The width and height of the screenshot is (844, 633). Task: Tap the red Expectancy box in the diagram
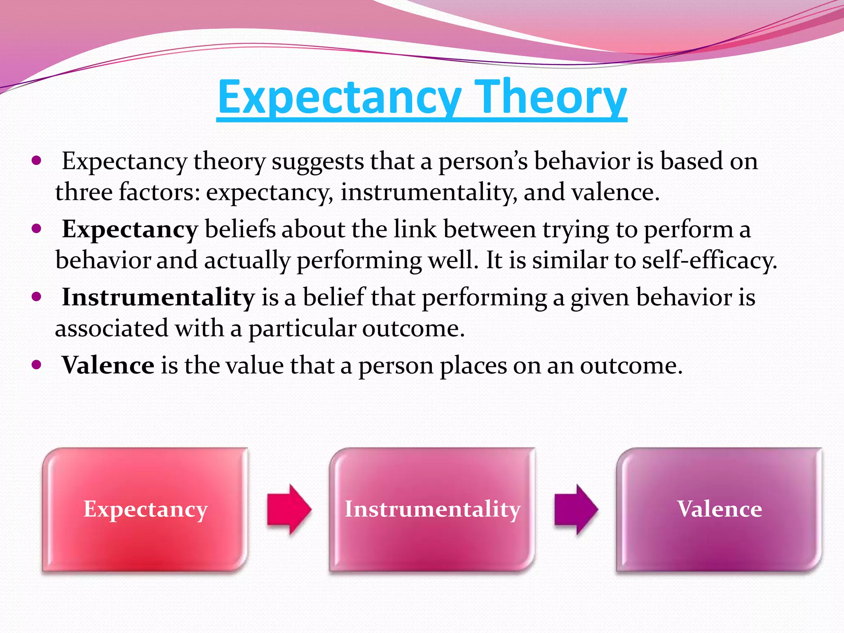(x=145, y=509)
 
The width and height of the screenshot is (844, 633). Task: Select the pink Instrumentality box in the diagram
(x=432, y=509)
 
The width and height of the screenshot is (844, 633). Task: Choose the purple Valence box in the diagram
(x=719, y=509)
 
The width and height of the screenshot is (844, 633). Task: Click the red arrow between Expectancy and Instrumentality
(x=289, y=509)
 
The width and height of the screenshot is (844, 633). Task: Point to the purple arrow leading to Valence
(x=576, y=509)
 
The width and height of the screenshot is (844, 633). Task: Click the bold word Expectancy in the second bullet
(x=130, y=230)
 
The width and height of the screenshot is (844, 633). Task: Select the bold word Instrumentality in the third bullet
(x=158, y=298)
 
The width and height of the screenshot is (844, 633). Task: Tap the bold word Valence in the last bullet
(x=108, y=366)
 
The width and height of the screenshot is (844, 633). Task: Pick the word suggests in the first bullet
(x=318, y=162)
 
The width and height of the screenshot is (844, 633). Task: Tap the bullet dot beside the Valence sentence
(x=37, y=365)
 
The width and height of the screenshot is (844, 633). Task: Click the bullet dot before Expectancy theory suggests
(x=37, y=161)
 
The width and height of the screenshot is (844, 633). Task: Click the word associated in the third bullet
(x=112, y=328)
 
